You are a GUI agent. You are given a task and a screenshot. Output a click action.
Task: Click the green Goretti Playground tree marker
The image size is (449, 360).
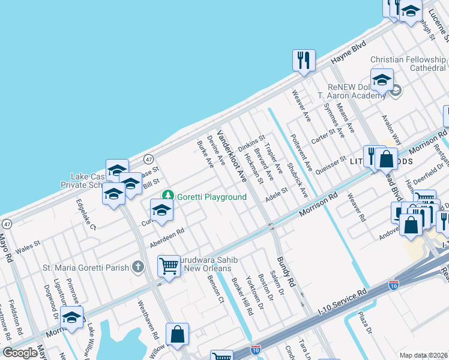point(169,197)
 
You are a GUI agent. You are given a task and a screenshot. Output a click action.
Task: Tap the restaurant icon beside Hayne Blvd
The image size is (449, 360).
point(304,60)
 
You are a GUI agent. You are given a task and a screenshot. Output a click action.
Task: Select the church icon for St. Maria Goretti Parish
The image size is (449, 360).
point(138,266)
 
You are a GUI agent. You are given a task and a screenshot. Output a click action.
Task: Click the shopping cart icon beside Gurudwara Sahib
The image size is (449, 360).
point(169,265)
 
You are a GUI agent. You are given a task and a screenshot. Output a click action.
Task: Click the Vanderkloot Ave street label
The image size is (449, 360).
point(232,156)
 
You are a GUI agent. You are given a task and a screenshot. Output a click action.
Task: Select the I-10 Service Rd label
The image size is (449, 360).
point(341,302)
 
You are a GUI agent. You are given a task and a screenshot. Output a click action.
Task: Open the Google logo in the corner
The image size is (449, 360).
point(20,353)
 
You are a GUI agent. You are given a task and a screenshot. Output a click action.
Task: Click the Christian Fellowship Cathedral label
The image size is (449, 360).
point(409,64)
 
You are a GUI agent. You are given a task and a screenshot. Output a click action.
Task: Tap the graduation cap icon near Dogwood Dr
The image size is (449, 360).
point(71,317)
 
